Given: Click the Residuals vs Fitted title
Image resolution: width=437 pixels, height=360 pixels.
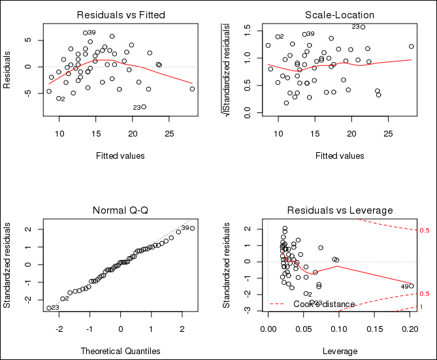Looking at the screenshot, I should [x=121, y=14].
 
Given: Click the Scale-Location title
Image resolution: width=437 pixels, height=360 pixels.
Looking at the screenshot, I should [x=339, y=14].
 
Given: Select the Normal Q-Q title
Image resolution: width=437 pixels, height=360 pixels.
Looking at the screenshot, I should [x=121, y=210].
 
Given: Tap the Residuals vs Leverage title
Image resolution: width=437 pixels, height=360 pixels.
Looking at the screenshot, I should [x=340, y=210].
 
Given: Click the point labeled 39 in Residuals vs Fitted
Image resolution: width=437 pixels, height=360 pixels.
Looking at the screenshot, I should [x=85, y=33].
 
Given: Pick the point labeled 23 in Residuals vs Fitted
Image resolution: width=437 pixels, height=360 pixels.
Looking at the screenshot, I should [x=144, y=107].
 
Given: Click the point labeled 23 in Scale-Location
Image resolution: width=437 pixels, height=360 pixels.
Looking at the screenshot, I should [x=363, y=27].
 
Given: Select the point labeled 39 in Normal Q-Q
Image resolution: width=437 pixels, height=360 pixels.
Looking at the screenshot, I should [x=192, y=228].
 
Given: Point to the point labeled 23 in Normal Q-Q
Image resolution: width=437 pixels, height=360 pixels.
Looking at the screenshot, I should [x=48, y=308].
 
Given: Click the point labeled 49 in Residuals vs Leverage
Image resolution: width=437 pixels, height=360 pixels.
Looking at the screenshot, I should [x=412, y=286].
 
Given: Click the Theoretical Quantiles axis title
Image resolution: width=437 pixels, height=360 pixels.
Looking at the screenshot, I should [x=121, y=351].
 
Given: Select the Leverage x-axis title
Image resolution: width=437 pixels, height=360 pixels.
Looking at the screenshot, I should [x=340, y=351].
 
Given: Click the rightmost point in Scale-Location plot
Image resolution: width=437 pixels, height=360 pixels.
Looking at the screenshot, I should [x=412, y=46].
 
